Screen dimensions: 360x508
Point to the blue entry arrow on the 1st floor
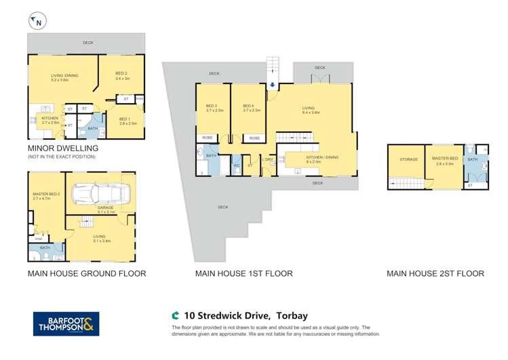[x=272, y=85]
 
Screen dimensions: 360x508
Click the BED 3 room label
[x=212, y=106]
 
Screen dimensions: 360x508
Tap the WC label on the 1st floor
[x=237, y=165]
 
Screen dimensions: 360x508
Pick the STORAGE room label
[x=408, y=160]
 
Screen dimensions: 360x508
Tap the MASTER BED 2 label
[x=45, y=195]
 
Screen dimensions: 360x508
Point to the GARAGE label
[x=106, y=209]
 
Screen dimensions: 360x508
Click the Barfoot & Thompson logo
[x=66, y=323]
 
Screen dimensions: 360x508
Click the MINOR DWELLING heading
[x=63, y=148]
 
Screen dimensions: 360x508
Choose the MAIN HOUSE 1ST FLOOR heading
[x=243, y=274]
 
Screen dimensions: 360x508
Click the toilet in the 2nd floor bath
[x=484, y=163]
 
